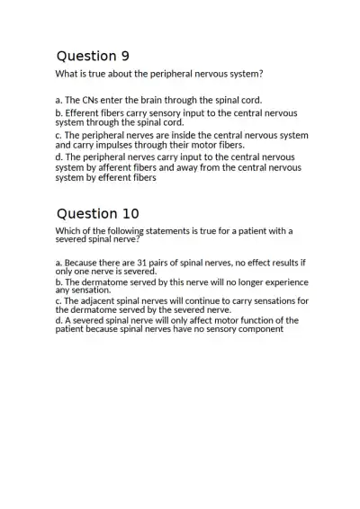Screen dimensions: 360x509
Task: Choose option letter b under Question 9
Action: (x=58, y=114)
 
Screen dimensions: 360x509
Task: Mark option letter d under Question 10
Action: (x=58, y=319)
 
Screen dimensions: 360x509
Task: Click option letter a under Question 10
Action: (x=58, y=263)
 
